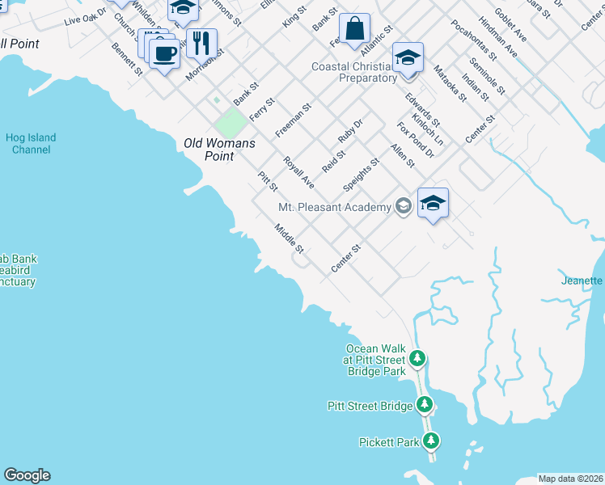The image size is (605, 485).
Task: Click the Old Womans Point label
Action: coord(219,144)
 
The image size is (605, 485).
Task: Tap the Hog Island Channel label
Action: coord(31,144)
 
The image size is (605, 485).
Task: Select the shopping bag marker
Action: coord(354,31)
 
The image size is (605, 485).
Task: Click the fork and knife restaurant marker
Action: coord(201,42)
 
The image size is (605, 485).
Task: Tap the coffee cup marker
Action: coord(164,53)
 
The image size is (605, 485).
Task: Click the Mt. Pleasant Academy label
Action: coord(334,208)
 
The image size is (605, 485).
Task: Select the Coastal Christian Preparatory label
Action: coord(355,73)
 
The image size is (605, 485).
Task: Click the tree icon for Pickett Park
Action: coord(432,441)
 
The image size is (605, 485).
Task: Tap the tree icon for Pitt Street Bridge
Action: coord(425,404)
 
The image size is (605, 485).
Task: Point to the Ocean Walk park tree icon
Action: coord(417,357)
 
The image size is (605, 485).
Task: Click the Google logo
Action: coord(27,475)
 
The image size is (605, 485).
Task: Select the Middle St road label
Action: coord(288,238)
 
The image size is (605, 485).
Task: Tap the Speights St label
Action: coord(361,175)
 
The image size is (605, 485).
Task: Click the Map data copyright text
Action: coord(571,478)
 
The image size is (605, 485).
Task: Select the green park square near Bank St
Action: coord(231,124)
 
